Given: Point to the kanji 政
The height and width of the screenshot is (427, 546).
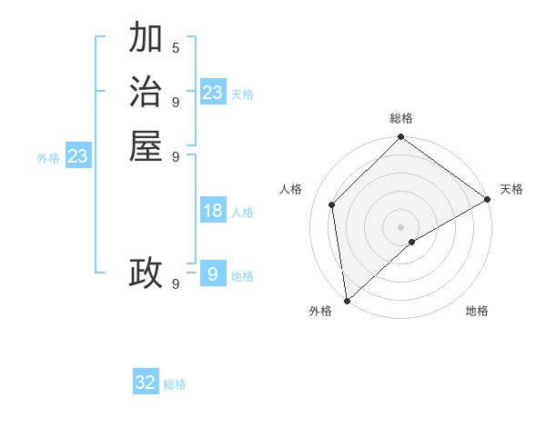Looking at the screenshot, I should coord(146,273).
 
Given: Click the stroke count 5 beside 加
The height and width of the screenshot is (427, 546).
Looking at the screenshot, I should coord(176,47).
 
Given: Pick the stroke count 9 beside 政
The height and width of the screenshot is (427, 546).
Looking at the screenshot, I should coord(176,283).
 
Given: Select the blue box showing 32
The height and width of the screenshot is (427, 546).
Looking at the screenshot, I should coord(146,382).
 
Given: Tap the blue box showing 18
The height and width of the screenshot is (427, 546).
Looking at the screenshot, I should coord(213,211).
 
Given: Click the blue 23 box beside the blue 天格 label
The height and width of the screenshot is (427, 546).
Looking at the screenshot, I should coord(213,93).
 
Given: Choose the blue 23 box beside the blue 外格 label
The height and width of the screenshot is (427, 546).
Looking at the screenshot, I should coord(78,156).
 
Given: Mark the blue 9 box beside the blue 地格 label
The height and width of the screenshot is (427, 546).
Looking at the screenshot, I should coord(213,273).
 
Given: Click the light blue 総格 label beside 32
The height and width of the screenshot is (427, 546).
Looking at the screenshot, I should coord(175,384).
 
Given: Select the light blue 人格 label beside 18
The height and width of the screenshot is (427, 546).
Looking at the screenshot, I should coord(242,213).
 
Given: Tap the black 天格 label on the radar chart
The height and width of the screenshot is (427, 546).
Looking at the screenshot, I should coord(511,189).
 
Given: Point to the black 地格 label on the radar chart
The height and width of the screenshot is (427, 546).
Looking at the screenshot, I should coord(477,312).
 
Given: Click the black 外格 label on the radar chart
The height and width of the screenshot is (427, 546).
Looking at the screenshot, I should coord(320,312).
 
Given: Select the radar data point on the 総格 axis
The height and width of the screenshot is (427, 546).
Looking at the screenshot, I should coord(400,138).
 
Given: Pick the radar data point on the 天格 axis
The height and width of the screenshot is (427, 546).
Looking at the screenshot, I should coord(487,199).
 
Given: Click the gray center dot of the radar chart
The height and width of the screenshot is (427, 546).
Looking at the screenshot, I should coord(400,226).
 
